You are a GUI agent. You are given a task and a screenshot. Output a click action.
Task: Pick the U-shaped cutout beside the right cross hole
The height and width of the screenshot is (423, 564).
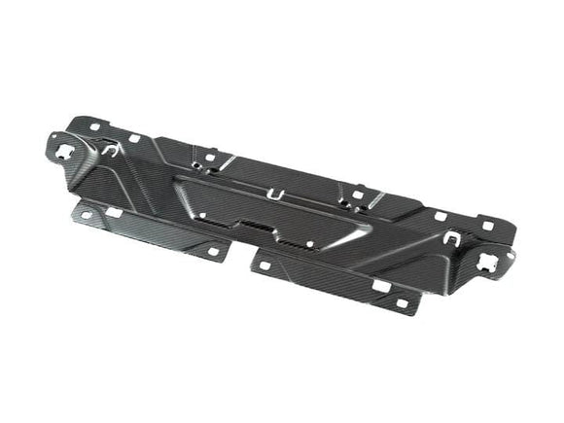click(x=451, y=236)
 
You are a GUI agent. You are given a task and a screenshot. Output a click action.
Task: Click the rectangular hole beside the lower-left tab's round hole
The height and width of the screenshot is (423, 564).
click(x=114, y=212)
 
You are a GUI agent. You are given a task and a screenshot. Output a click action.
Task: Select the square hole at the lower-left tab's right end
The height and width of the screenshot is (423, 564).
click(x=212, y=251)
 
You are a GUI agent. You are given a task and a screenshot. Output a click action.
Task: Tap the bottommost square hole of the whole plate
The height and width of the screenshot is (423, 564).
click(x=401, y=303)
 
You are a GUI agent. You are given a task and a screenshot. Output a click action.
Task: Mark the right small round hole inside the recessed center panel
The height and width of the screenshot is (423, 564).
click(x=309, y=243)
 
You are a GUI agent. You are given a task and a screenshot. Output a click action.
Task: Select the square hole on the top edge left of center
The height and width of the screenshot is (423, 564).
click(x=208, y=155)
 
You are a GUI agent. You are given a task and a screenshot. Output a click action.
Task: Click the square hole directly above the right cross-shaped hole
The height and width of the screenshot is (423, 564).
click(x=487, y=226)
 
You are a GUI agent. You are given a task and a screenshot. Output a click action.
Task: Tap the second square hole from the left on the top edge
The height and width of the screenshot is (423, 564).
click(x=133, y=137)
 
